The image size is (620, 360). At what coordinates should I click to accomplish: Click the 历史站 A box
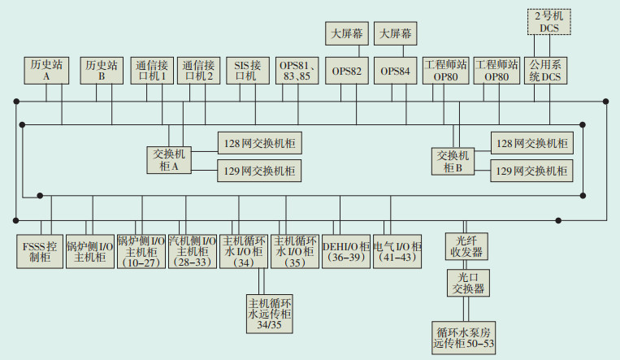tap(47, 70)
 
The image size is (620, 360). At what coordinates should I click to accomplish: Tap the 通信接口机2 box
tap(199, 70)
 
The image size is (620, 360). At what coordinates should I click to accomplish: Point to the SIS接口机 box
tap(247, 70)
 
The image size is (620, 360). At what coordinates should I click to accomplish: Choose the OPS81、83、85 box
tap(294, 70)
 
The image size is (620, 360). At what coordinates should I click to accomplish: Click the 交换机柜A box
tap(169, 159)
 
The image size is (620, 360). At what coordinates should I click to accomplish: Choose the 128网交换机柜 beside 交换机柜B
tap(531, 143)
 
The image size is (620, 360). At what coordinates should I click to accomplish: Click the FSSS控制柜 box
tap(39, 251)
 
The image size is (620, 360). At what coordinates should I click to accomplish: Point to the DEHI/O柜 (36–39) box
tap(346, 251)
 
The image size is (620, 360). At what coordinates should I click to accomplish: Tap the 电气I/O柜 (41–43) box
tap(398, 251)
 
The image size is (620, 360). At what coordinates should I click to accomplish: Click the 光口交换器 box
tap(467, 284)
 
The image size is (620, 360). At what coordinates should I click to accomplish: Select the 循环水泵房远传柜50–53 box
tap(464, 337)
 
